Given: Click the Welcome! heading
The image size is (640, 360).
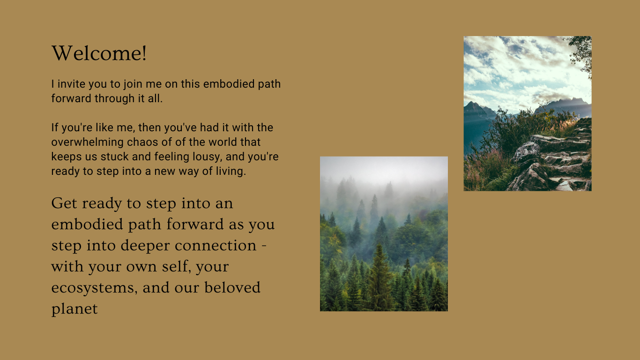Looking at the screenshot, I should click(99, 53).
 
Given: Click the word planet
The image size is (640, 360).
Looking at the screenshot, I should click(74, 309).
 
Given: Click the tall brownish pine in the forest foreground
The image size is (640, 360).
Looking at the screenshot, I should click(380, 281).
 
